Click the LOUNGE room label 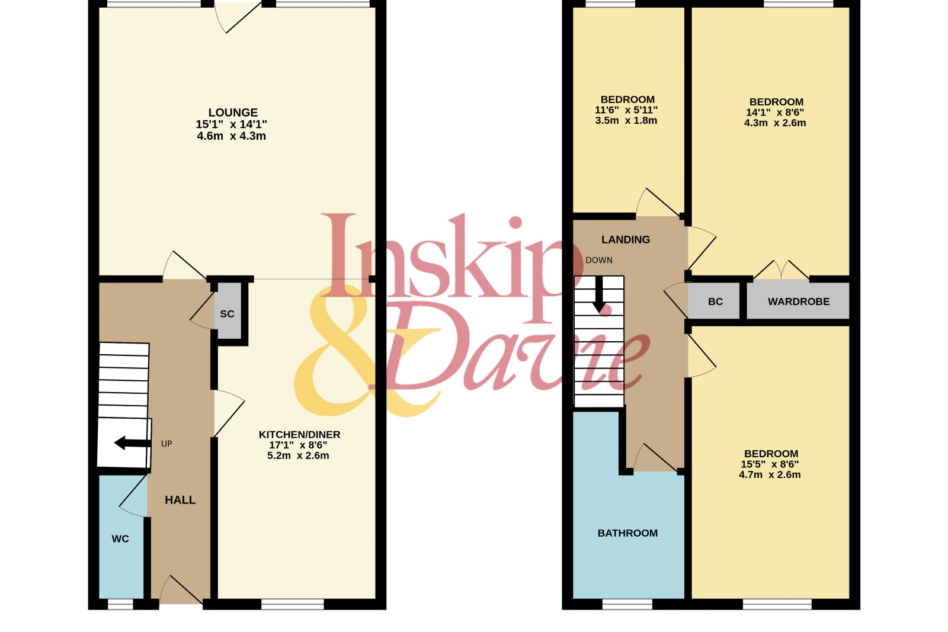pyautogui.click(x=233, y=113)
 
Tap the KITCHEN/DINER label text pyautogui.click(x=299, y=434)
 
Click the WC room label pyautogui.click(x=120, y=539)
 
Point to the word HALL pyautogui.click(x=180, y=500)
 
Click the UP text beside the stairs pyautogui.click(x=166, y=444)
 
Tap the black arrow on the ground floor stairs pyautogui.click(x=133, y=443)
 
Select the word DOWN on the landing pyautogui.click(x=599, y=260)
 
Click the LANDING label pyautogui.click(x=626, y=239)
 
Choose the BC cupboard pyautogui.click(x=715, y=301)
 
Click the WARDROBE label pyautogui.click(x=799, y=301)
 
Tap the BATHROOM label pyautogui.click(x=627, y=533)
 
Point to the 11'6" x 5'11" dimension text pyautogui.click(x=626, y=110)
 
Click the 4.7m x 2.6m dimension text pyautogui.click(x=770, y=474)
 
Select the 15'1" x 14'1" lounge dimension pyautogui.click(x=231, y=124)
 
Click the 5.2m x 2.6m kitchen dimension pyautogui.click(x=298, y=455)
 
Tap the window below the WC pyautogui.click(x=120, y=605)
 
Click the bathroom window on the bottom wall pyautogui.click(x=627, y=605)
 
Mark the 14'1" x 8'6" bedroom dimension pyautogui.click(x=775, y=113)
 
